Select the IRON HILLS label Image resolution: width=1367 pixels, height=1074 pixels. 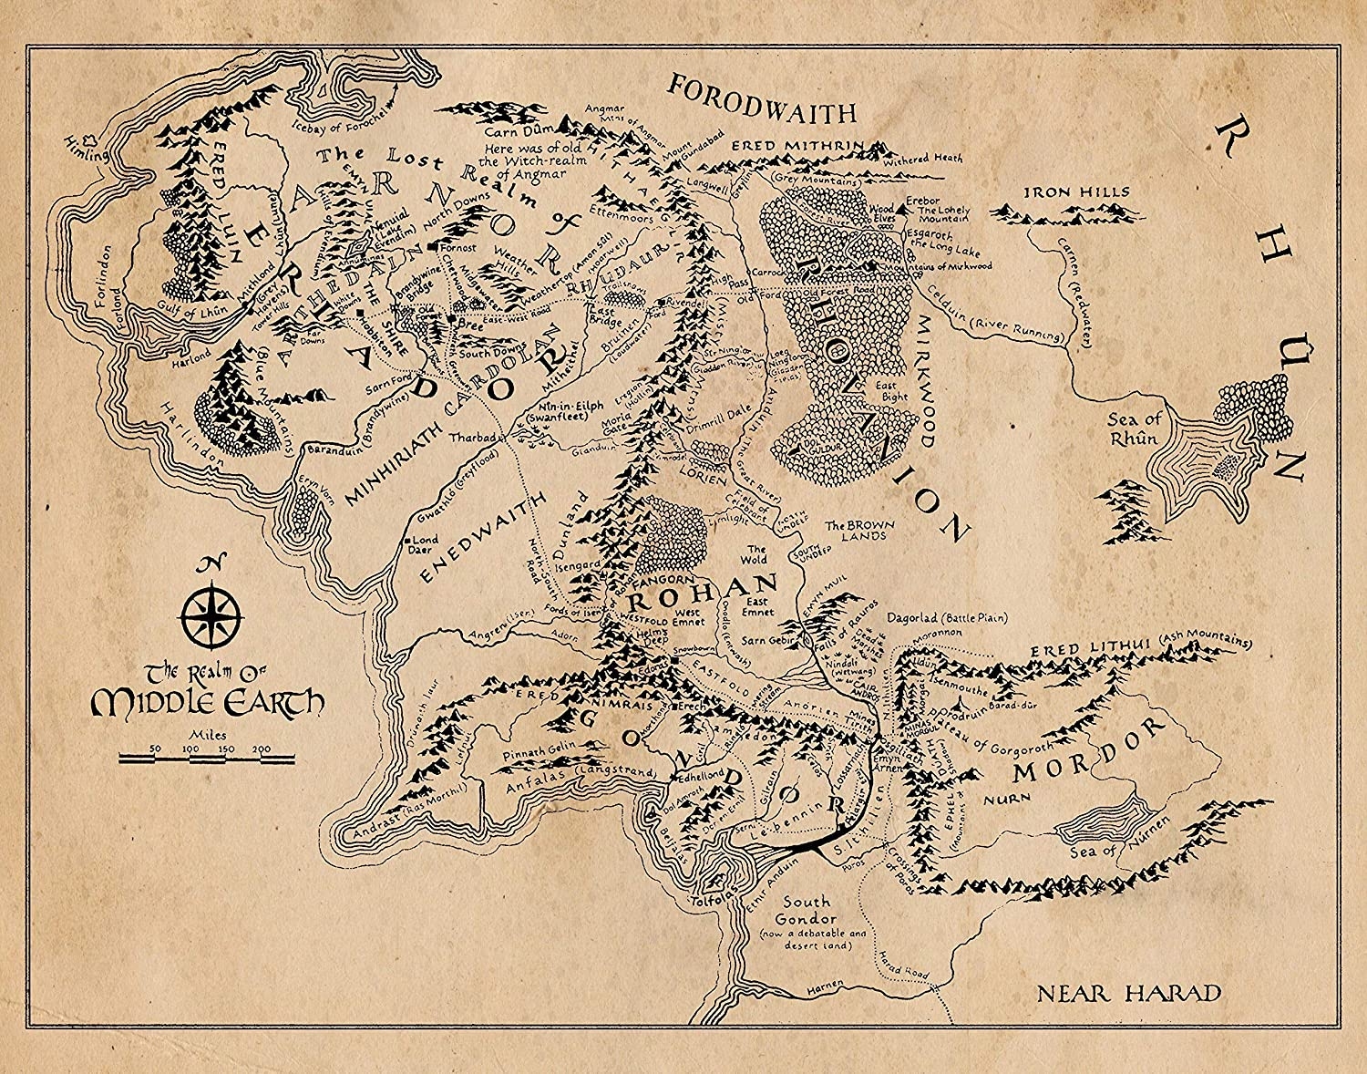coord(1063,192)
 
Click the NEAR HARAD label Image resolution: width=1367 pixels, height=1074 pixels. coord(1127,993)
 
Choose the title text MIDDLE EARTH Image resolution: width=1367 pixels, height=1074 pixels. coord(209,702)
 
